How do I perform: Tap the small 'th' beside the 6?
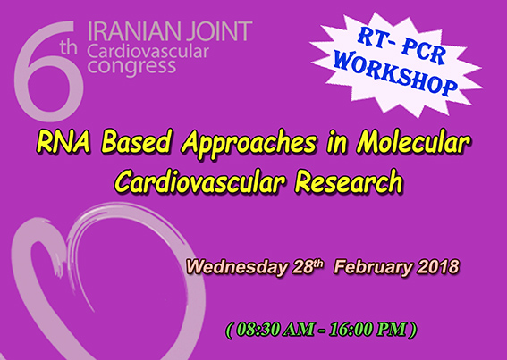[68, 47]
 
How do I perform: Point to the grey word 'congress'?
[131, 67]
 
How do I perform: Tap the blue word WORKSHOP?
[396, 73]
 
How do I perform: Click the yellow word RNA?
[63, 142]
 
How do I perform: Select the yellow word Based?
[136, 142]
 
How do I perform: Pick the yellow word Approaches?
[249, 144]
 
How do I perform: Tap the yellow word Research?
[349, 181]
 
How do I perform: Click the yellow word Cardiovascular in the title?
[200, 181]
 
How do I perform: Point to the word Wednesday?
[237, 268]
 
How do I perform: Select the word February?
[373, 268]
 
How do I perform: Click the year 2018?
[438, 267]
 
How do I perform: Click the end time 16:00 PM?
[368, 330]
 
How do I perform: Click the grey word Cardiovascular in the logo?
[148, 52]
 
